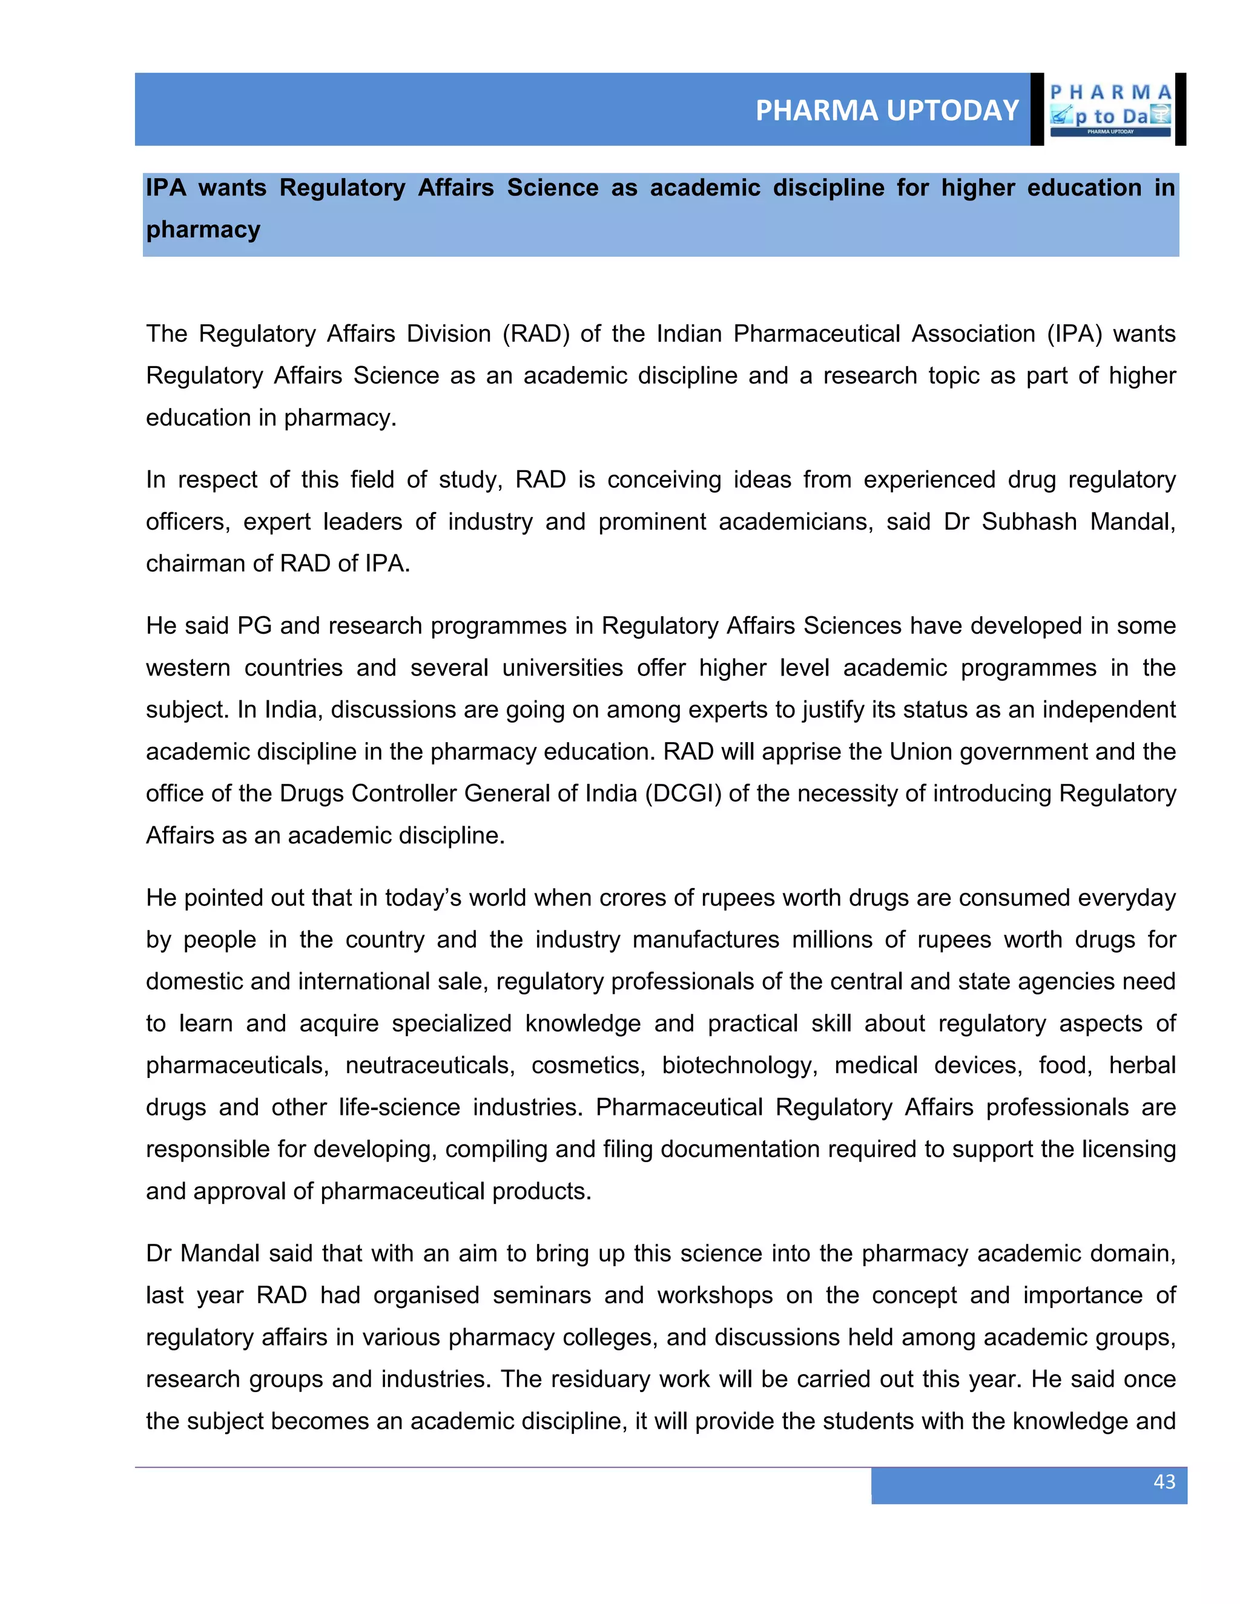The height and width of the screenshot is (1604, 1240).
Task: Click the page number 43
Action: (x=1164, y=1481)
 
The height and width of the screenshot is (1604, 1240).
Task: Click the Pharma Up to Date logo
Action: (x=1110, y=110)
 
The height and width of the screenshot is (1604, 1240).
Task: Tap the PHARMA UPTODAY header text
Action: (x=886, y=110)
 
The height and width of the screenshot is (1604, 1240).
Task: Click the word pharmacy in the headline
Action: (x=203, y=229)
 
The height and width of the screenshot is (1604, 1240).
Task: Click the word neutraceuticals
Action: (x=430, y=1065)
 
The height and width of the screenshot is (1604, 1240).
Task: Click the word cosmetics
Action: (x=588, y=1065)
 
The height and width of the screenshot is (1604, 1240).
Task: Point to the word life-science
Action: (x=400, y=1107)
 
